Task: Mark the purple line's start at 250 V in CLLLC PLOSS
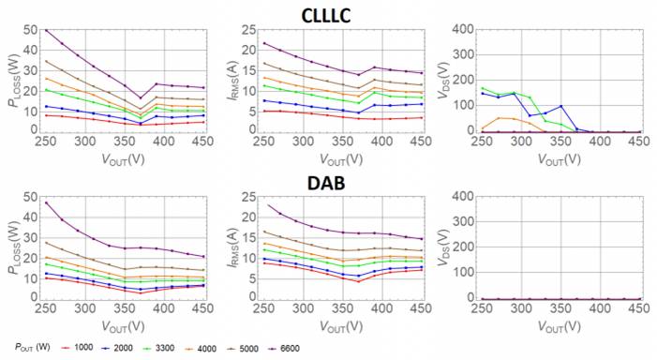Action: (x=46, y=30)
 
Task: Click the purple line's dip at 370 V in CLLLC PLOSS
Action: (x=140, y=97)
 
